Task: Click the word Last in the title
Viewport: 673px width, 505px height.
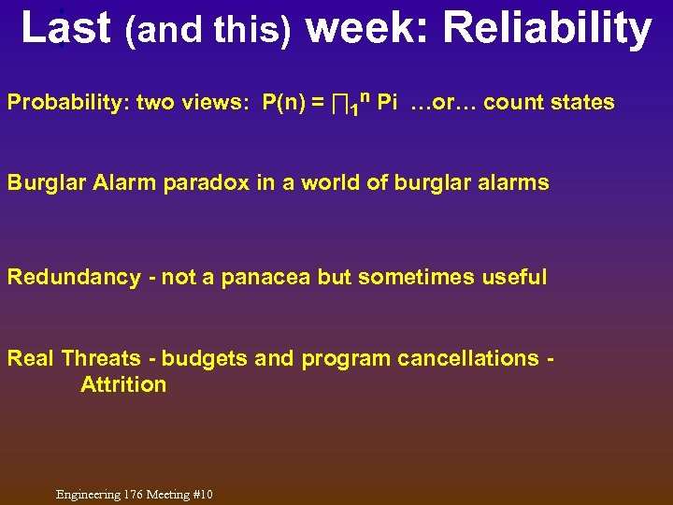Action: [x=65, y=28]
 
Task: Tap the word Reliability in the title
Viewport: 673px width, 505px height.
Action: [x=547, y=28]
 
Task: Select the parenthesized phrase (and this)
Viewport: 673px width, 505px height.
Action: [x=208, y=32]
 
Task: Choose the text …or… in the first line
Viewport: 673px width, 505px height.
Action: [x=443, y=103]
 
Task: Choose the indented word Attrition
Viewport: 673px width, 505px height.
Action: [x=123, y=384]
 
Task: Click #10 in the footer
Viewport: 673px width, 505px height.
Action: [x=201, y=494]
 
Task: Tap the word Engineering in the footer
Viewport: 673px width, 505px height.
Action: [x=89, y=494]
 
